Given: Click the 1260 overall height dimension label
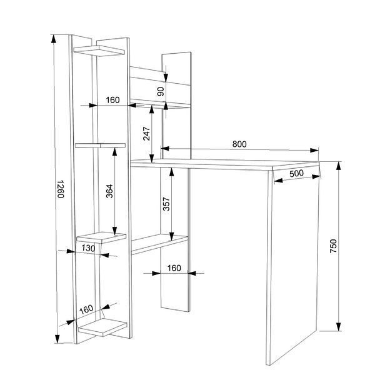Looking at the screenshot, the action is click(x=61, y=189).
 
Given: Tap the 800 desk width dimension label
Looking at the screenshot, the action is click(x=239, y=144).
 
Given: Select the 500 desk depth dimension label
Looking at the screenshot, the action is click(x=296, y=173).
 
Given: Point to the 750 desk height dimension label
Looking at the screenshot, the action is click(x=333, y=246).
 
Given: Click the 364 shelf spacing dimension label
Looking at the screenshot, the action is click(x=109, y=191).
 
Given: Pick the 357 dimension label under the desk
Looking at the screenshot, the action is click(x=166, y=204).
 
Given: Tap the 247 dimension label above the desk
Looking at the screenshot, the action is click(x=146, y=134).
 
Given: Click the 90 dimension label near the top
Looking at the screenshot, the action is click(x=161, y=91).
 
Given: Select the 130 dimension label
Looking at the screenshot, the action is click(x=88, y=248).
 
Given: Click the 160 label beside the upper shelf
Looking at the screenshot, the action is click(x=112, y=100).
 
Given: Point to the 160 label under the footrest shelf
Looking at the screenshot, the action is click(x=174, y=268).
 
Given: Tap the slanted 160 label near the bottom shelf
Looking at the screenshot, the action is click(x=86, y=309).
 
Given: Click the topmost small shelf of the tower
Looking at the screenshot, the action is click(x=99, y=51).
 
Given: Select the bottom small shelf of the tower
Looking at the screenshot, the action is click(x=102, y=327).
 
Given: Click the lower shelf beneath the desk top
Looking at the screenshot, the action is click(x=159, y=244).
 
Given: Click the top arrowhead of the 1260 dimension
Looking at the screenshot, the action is click(x=54, y=39).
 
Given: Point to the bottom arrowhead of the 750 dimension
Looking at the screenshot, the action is click(x=338, y=327).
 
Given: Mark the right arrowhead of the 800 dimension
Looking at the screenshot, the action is click(x=314, y=150).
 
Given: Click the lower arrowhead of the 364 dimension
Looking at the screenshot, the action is click(x=115, y=231).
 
